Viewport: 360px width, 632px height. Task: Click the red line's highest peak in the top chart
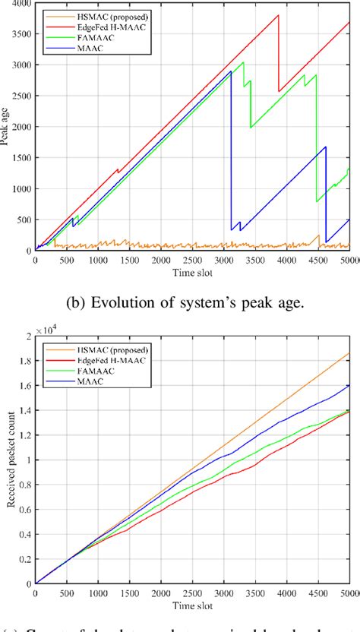279,15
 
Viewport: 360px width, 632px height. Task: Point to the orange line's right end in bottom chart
349,352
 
